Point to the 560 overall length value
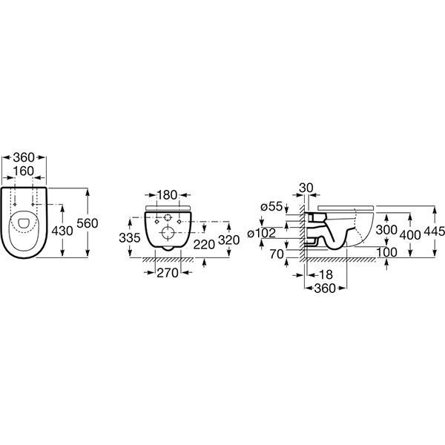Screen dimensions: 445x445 point(99,222)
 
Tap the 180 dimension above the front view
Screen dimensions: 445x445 point(168,195)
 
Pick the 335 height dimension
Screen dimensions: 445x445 point(129,237)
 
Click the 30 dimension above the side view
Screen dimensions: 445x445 point(306,188)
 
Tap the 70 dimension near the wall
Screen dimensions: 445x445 point(277,254)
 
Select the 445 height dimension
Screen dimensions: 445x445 point(435,231)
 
